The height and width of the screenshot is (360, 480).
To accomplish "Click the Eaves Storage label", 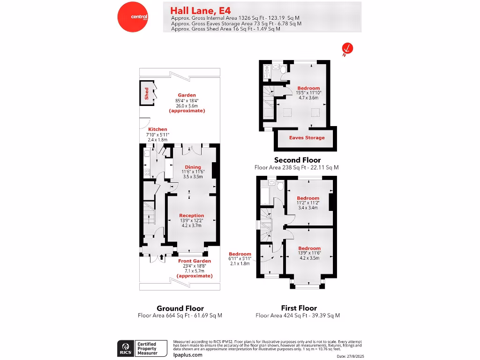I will tap(307, 138).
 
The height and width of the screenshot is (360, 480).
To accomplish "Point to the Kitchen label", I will tap(157, 129).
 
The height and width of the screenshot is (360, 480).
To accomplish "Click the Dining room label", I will tap(193, 167).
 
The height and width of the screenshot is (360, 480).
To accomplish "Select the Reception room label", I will tap(191, 216).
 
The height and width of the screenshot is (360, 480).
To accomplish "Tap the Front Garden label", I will tap(195, 261).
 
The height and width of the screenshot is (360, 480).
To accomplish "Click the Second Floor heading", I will tap(297, 160).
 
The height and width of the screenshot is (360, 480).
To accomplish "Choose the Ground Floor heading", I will tap(180, 308).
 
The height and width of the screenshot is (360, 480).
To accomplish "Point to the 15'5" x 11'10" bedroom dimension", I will tap(308, 93).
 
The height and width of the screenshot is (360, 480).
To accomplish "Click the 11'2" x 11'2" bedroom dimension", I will tap(308, 203).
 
